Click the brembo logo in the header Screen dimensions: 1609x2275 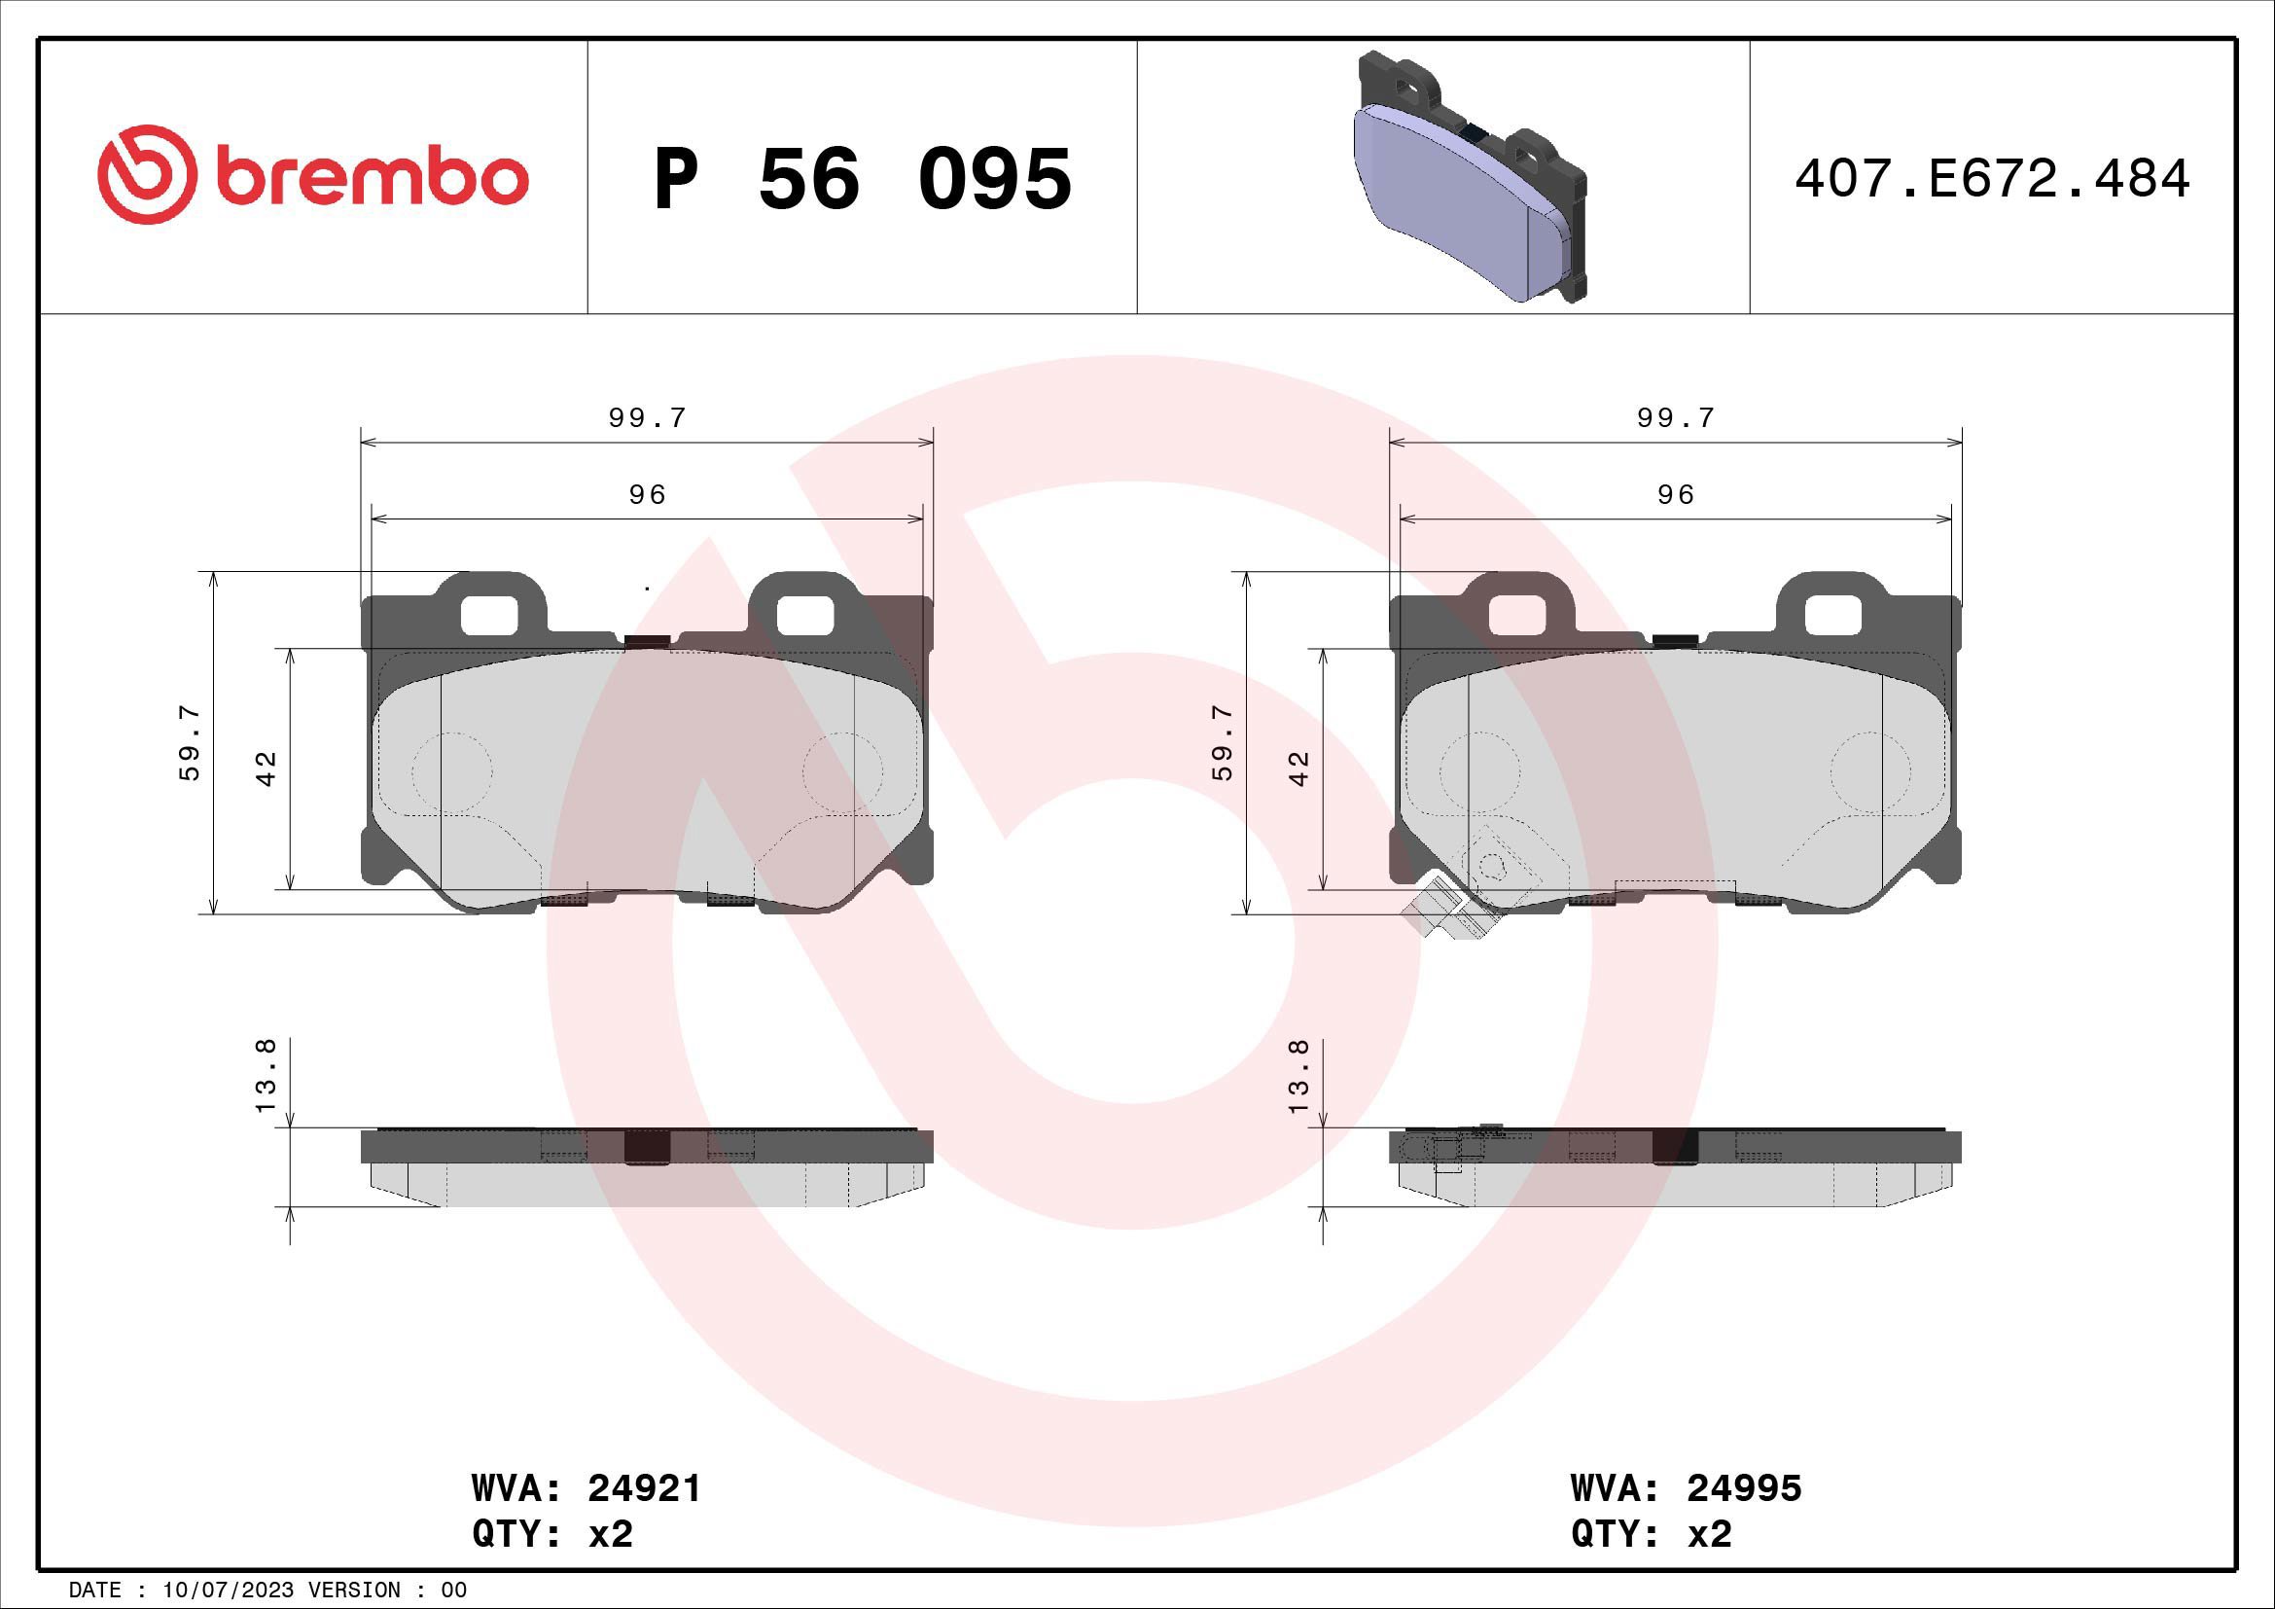point(312,175)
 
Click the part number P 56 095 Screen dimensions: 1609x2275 point(862,179)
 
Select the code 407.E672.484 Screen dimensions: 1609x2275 point(1992,179)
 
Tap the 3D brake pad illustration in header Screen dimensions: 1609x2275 point(1470,175)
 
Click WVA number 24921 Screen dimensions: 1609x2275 point(644,1488)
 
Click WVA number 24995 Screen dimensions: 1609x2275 point(1744,1488)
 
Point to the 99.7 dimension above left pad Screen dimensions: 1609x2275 point(647,418)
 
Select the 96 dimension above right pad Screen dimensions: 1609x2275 point(1676,494)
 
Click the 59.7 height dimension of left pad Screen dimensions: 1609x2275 point(191,742)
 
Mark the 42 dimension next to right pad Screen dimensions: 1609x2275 point(1300,768)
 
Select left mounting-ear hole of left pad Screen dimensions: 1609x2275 point(489,614)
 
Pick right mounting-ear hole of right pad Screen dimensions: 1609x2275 point(1833,614)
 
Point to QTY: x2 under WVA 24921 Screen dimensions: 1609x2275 point(551,1535)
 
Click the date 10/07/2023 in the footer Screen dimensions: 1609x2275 point(228,1591)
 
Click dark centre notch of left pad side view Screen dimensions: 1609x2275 point(647,1146)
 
